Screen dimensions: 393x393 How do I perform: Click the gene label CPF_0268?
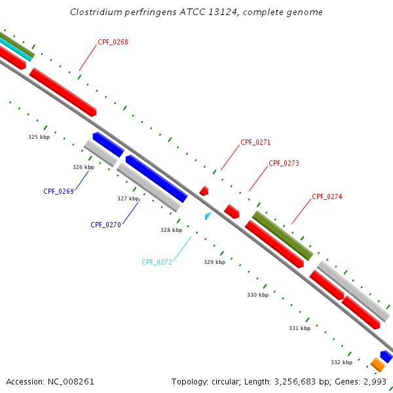point(113,43)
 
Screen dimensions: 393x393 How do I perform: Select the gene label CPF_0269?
point(58,191)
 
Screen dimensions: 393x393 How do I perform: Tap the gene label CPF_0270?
point(105,225)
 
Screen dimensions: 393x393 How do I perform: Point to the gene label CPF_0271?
point(255,142)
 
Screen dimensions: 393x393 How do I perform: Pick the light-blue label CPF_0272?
point(157,262)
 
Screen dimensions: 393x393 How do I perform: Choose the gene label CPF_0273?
point(284,163)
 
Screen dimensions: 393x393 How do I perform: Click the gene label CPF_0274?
point(327,196)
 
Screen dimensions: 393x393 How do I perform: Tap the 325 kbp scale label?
point(39,138)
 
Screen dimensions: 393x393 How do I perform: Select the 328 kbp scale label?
point(171,230)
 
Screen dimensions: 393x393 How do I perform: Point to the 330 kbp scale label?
point(257,295)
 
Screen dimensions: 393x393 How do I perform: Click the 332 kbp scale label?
point(341,362)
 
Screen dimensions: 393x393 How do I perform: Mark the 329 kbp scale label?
point(214,262)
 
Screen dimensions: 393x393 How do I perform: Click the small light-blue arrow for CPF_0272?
point(208,215)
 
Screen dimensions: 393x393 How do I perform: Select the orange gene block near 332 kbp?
point(377,364)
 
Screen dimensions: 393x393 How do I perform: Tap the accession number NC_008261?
point(71,381)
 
